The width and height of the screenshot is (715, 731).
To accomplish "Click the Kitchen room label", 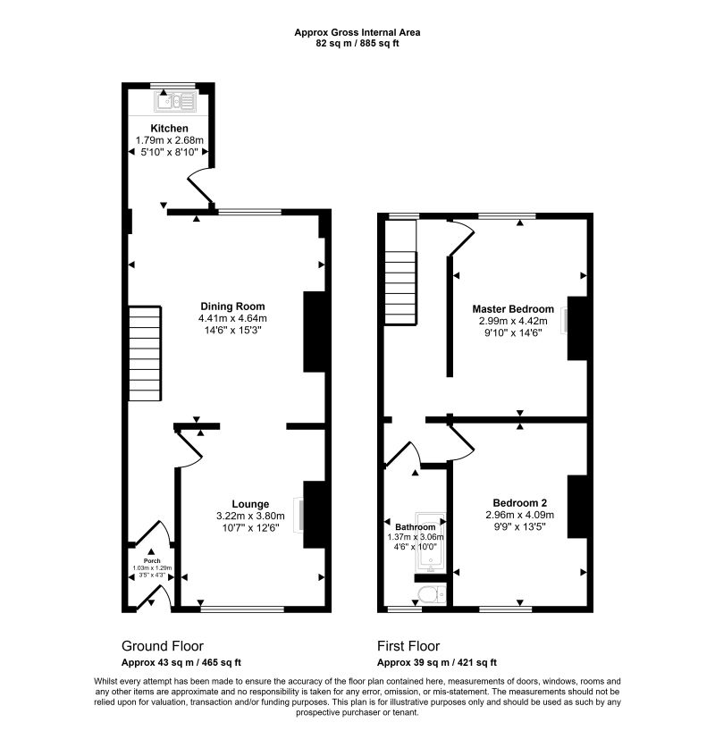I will click(x=170, y=129).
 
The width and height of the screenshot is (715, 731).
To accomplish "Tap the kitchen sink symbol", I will click(x=177, y=101).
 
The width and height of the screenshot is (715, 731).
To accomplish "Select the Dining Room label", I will click(x=232, y=306).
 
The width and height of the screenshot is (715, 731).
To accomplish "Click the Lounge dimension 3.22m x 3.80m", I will click(x=250, y=516).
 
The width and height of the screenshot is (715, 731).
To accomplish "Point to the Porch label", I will click(x=151, y=561).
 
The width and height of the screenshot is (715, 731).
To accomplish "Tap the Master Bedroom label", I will click(x=513, y=309).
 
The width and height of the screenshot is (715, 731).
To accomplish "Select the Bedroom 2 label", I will click(x=518, y=502).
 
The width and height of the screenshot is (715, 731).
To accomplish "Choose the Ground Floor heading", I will click(x=162, y=646).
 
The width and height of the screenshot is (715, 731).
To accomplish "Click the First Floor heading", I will click(x=408, y=646).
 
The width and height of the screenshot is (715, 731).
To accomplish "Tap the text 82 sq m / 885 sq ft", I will click(x=357, y=42).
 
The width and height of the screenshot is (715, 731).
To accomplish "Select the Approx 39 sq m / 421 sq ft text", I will click(x=437, y=662).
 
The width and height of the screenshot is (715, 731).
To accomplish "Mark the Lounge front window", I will click(x=242, y=609).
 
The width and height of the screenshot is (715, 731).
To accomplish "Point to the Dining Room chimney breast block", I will click(x=314, y=331).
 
